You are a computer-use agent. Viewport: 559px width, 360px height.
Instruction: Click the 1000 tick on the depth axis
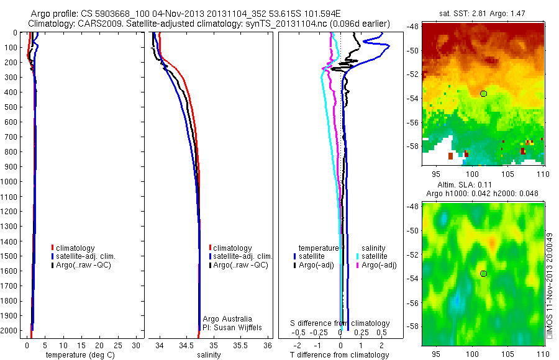pyautogui.click(x=11, y=182)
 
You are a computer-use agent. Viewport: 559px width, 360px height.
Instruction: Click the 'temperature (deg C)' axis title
pyautogui.click(x=78, y=355)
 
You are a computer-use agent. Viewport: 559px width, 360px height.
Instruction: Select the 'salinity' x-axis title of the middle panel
pyautogui.click(x=209, y=355)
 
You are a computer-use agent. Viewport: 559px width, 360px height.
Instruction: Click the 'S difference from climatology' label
pyautogui.click(x=340, y=323)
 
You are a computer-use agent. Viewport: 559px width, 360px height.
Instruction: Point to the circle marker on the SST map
pyautogui.click(x=483, y=93)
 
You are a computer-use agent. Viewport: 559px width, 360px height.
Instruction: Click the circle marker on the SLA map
pyautogui.click(x=483, y=273)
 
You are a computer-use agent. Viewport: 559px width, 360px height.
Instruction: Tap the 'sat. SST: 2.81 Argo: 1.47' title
pyautogui.click(x=483, y=13)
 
